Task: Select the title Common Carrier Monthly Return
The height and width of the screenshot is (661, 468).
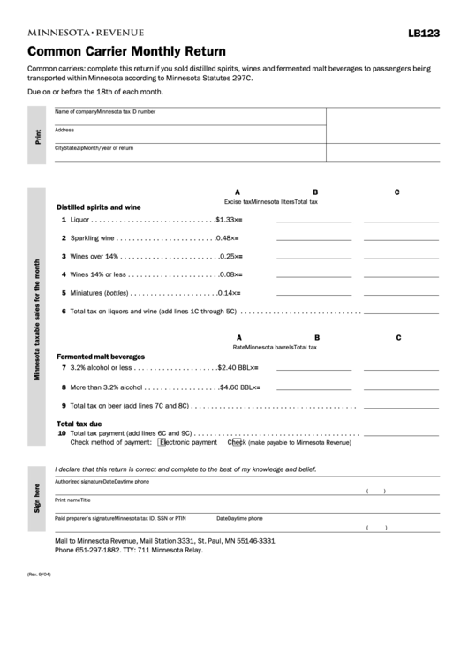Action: click(x=126, y=51)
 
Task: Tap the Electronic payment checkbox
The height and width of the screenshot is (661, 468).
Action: click(x=162, y=442)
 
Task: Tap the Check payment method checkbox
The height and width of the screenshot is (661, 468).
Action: click(x=232, y=442)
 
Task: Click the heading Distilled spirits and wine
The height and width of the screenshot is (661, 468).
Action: click(x=99, y=207)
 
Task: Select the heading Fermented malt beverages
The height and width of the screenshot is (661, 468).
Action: click(x=101, y=356)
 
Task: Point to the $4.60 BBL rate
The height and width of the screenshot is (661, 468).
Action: click(x=237, y=387)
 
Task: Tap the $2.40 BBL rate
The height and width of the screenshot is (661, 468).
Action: click(x=235, y=367)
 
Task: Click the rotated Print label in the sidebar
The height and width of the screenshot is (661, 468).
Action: click(x=37, y=136)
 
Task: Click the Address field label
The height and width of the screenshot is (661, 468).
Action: click(x=64, y=130)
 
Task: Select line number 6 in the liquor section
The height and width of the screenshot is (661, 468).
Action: click(x=64, y=311)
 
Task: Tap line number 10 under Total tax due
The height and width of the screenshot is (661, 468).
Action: click(x=62, y=433)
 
